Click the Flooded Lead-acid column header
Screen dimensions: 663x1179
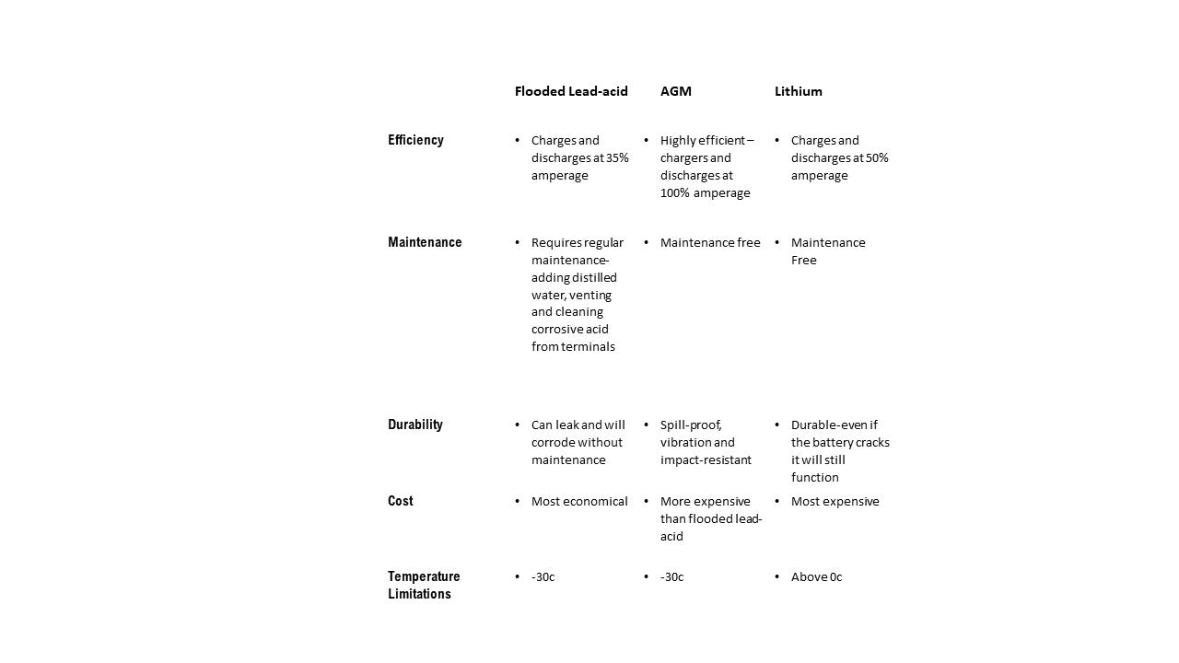tap(571, 91)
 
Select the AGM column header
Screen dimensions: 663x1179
tap(675, 91)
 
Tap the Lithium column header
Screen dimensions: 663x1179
tap(798, 91)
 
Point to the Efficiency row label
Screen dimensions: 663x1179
tap(415, 140)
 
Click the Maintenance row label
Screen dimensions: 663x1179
tap(425, 242)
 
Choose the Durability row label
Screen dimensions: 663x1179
tap(415, 425)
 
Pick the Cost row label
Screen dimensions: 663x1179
tap(400, 501)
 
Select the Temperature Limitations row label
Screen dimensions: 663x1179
tap(423, 585)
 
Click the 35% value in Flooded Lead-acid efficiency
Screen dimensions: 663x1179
tap(617, 157)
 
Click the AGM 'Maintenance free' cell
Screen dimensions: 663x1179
tap(710, 242)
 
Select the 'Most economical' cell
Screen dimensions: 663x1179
tap(579, 501)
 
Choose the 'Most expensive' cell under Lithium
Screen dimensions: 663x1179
tap(835, 501)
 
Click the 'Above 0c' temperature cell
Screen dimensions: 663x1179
tap(816, 576)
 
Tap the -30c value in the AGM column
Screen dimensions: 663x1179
tap(671, 576)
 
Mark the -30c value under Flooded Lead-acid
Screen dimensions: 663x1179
tap(543, 576)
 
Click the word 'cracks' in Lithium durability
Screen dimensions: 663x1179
tap(872, 442)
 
